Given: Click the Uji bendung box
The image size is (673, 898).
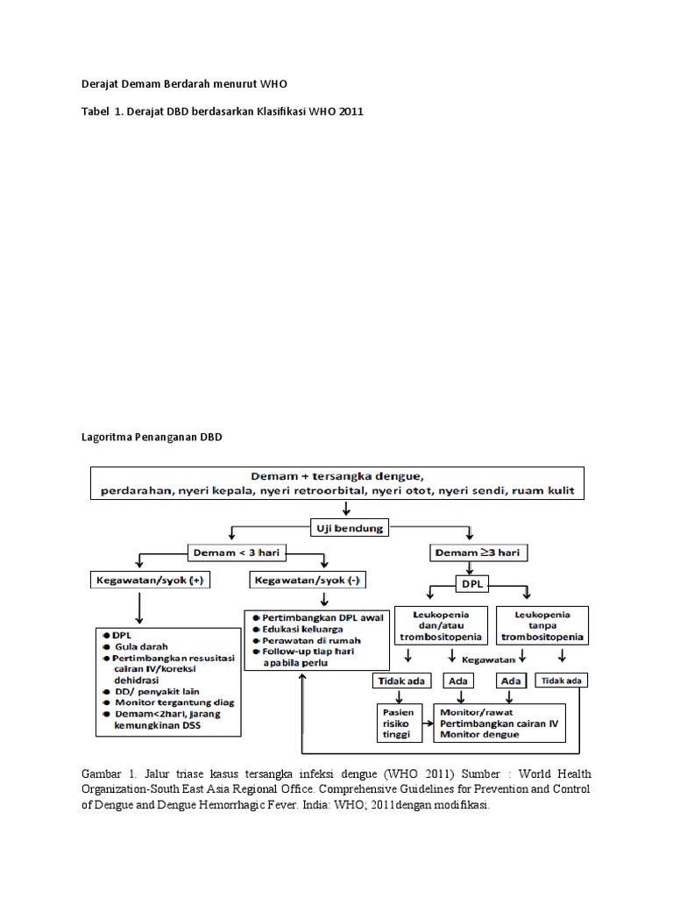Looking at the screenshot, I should (348, 526).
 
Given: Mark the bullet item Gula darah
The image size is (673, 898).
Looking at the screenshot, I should (145, 645).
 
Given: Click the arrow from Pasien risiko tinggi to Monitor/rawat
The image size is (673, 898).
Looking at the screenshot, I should (428, 723).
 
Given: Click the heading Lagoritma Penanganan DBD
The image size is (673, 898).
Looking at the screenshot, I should (146, 437).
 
